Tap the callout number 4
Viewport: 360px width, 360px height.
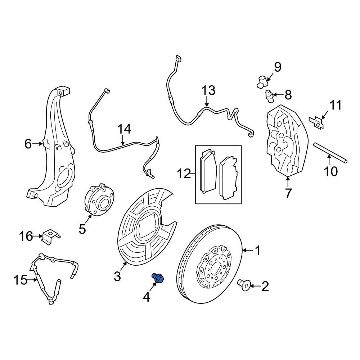pos(147,297)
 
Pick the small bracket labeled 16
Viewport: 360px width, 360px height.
pos(50,236)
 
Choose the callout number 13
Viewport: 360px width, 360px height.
pos(208,90)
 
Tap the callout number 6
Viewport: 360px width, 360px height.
pos(28,144)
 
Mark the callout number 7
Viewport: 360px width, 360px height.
pos(288,193)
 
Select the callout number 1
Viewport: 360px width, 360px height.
pos(257,250)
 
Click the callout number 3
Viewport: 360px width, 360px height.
pos(117,276)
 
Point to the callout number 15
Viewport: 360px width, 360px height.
pos(21,280)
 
